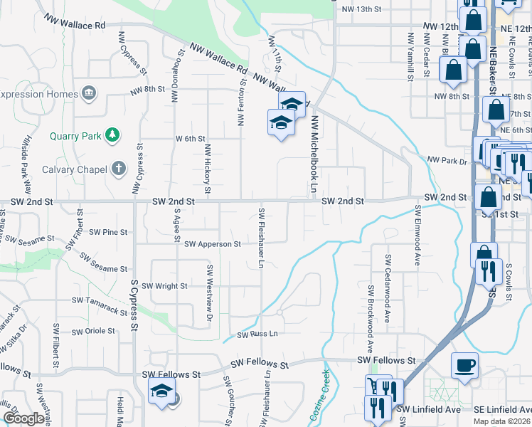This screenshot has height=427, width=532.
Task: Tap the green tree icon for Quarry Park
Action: click(x=111, y=135)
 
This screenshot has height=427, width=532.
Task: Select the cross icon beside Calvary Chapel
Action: click(x=119, y=169)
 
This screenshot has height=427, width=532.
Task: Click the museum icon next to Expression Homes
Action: click(x=88, y=93)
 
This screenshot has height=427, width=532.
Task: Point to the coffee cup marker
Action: click(x=464, y=366)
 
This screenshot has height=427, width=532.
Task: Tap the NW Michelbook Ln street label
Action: click(x=312, y=149)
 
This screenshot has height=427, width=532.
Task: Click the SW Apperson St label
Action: click(x=212, y=244)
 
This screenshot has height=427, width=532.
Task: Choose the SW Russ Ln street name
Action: click(x=257, y=334)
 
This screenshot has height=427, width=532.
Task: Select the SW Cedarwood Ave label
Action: click(x=388, y=289)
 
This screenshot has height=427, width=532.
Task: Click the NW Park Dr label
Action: click(x=447, y=161)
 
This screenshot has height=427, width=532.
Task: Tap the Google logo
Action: click(x=23, y=418)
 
